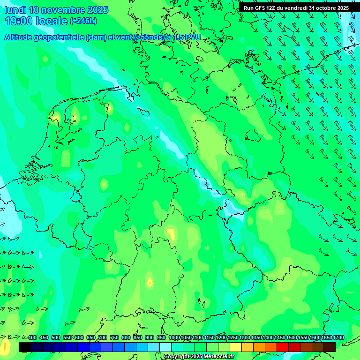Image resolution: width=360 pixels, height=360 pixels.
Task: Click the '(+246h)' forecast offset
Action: click(83, 21)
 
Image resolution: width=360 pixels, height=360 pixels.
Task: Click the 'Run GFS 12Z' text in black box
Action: click(261, 8)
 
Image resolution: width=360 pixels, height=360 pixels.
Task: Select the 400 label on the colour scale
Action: click(32, 338)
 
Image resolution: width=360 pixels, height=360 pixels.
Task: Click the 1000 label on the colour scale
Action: click(174, 338)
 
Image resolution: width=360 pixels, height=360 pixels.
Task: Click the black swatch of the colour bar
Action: click(25, 347)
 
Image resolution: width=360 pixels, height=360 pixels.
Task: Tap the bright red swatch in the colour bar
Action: click(283, 347)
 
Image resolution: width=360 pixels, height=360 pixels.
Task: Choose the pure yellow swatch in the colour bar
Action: click(236, 347)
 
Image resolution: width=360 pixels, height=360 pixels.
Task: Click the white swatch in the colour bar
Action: click(165, 347)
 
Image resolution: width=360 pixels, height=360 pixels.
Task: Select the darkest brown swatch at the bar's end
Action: click(330, 347)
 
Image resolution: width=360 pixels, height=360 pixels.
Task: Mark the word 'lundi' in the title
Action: click(15, 10)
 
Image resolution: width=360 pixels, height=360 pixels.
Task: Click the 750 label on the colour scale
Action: click(114, 338)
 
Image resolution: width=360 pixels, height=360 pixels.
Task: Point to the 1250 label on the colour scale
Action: click(232, 338)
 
